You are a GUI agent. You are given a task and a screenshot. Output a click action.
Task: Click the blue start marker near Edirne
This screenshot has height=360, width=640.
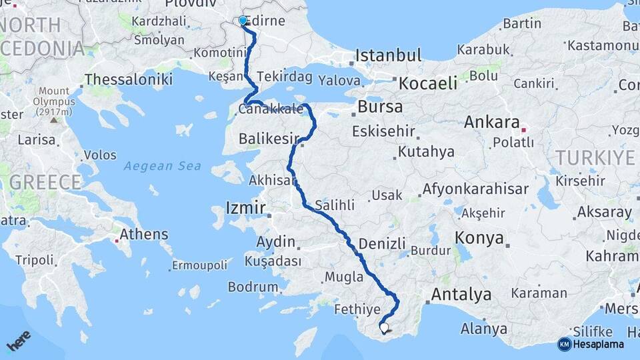(x=243, y=21)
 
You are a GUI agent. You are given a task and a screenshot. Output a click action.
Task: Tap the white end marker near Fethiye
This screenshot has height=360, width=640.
(x=383, y=327)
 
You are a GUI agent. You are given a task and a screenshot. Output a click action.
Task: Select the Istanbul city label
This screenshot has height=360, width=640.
(x=389, y=55)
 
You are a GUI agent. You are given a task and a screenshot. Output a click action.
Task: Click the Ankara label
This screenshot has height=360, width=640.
(x=492, y=123)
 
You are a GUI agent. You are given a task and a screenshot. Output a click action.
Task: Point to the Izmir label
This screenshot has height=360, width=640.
(x=246, y=207)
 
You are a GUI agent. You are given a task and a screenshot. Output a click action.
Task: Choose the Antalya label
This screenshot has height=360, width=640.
(x=461, y=294)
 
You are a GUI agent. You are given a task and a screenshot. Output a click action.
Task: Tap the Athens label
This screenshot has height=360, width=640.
(x=143, y=235)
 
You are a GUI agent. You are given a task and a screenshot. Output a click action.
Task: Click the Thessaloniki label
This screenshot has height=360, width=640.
(x=129, y=79)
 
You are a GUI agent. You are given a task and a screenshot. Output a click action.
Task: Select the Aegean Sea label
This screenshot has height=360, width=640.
(x=162, y=166)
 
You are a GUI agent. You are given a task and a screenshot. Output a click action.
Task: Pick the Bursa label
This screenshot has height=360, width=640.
(x=380, y=107)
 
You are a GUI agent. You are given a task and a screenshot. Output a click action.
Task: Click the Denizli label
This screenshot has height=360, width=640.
(x=382, y=244)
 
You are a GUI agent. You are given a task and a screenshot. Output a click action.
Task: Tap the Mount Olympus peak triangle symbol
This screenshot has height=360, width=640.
(x=53, y=121)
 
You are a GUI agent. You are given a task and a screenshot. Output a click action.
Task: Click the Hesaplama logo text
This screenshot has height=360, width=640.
(x=599, y=345)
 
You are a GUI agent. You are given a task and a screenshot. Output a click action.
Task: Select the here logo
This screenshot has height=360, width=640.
(x=19, y=341)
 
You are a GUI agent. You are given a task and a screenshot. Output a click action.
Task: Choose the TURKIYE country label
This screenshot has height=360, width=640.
(x=595, y=157)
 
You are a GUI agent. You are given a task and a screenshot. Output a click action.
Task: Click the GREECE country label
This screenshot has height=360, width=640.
(x=45, y=182)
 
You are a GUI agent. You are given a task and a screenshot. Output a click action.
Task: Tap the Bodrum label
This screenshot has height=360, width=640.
(x=253, y=287)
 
